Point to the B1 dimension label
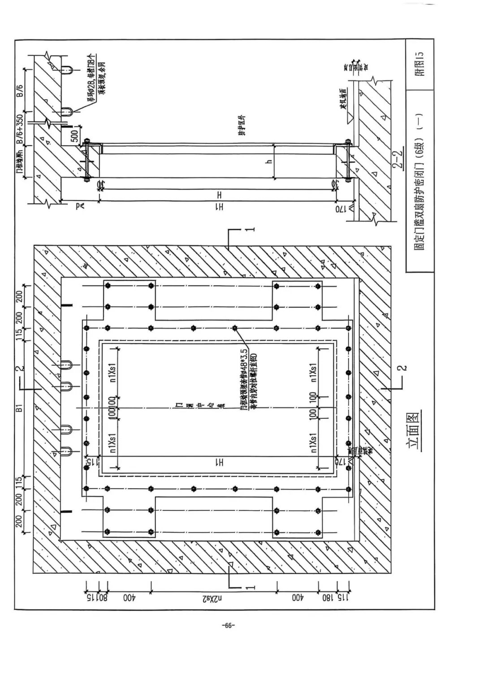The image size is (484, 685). tap(19, 409)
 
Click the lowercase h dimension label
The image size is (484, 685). tap(269, 161)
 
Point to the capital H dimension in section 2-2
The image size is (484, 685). tap(219, 195)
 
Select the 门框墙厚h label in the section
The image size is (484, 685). tap(19, 165)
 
